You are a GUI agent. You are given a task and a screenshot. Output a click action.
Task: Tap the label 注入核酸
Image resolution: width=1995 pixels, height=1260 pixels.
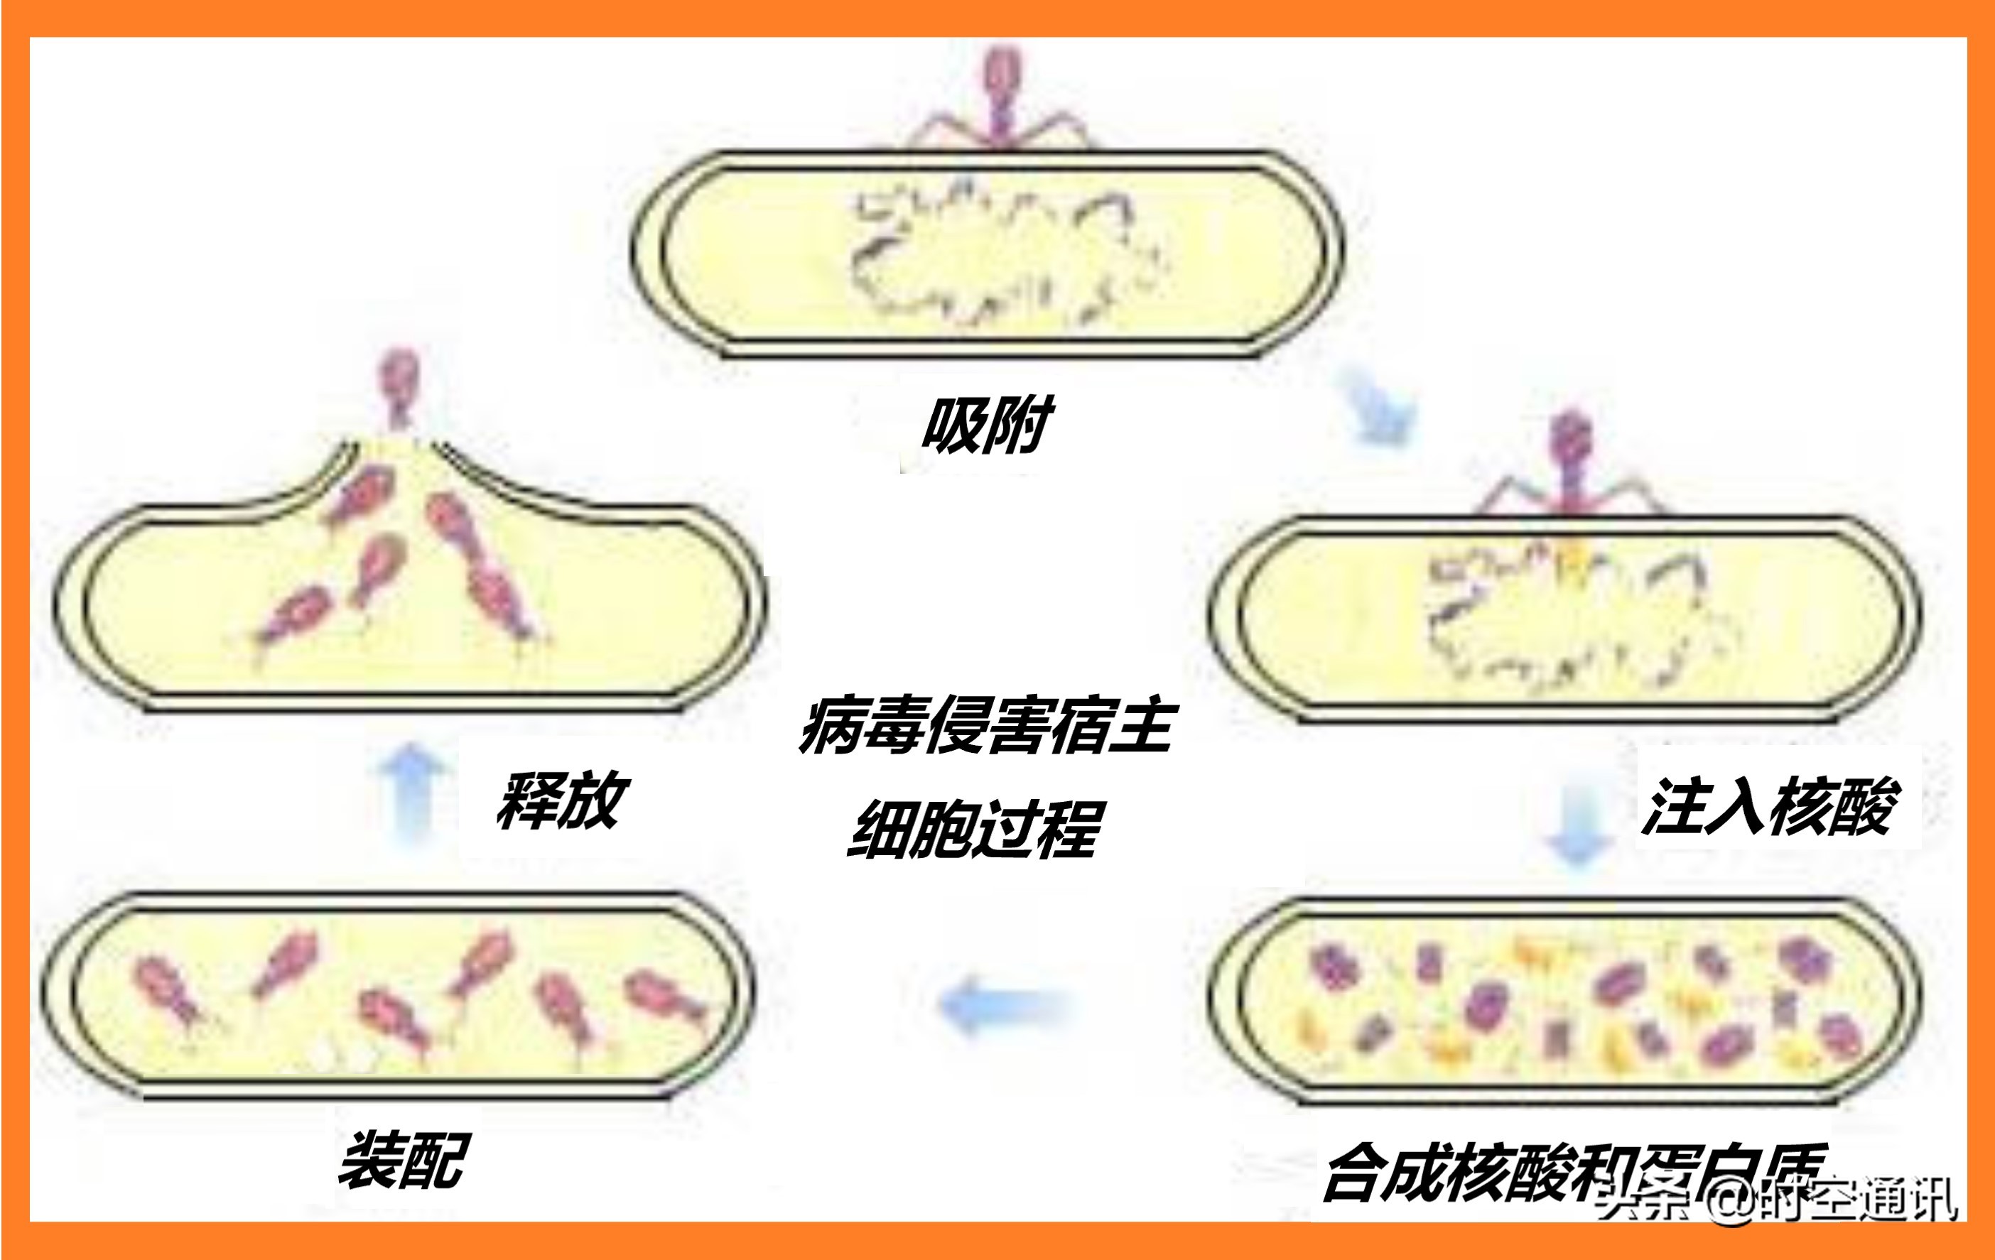click(1770, 805)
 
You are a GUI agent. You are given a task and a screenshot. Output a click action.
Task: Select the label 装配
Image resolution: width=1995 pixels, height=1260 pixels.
click(404, 1161)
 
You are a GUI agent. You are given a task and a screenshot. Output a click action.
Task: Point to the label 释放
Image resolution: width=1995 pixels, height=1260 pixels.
click(563, 800)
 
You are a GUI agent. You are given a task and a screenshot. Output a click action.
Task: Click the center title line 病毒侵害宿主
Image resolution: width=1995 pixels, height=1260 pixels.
click(986, 726)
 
